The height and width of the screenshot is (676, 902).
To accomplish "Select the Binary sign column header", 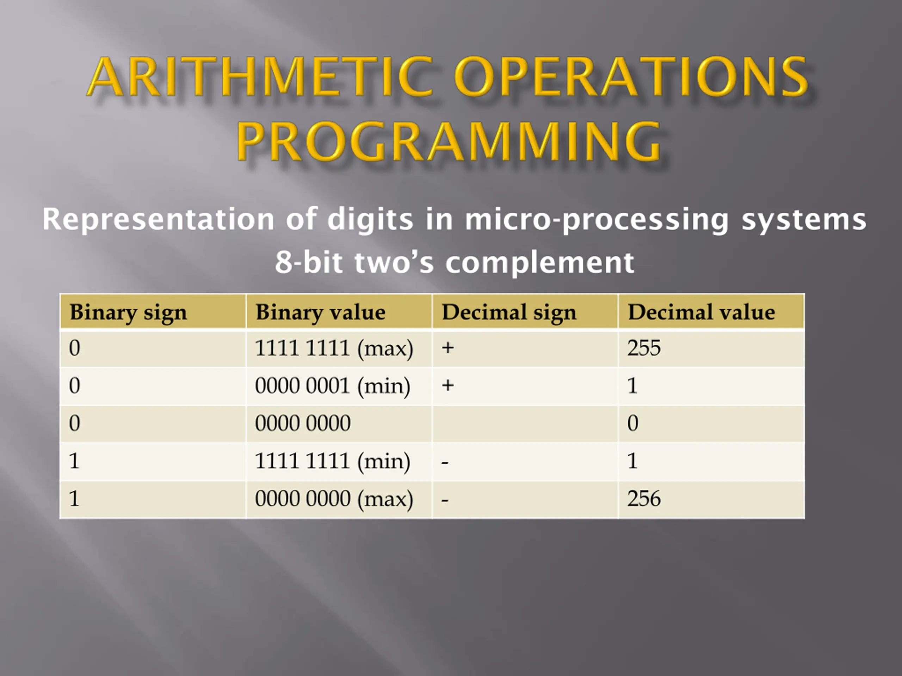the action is pyautogui.click(x=129, y=313).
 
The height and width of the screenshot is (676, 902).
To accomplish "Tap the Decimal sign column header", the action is pyautogui.click(x=509, y=313).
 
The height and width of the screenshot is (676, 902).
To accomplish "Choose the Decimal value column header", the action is pyautogui.click(x=702, y=312).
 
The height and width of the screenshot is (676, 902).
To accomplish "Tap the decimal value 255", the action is pyautogui.click(x=644, y=349).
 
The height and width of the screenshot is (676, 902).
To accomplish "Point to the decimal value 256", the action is pyautogui.click(x=644, y=499).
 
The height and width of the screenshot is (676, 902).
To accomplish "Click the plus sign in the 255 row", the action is pyautogui.click(x=448, y=348).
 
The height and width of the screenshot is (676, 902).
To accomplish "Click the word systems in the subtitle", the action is pyautogui.click(x=804, y=220).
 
